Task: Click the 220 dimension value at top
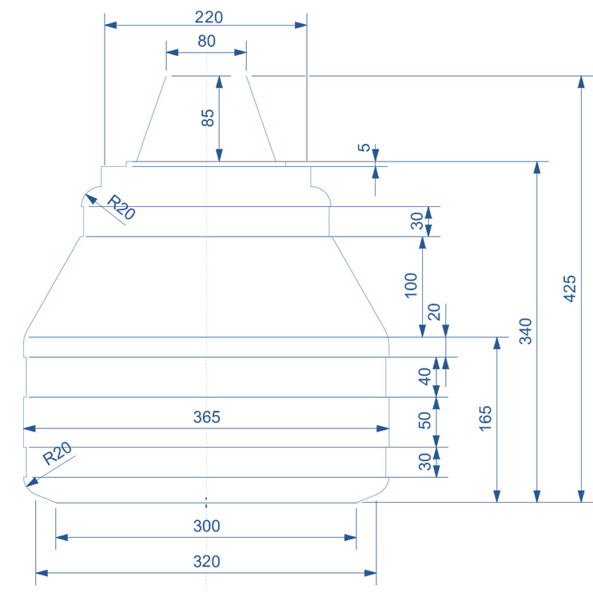click(x=206, y=16)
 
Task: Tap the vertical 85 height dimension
click(x=208, y=118)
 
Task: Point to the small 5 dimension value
click(x=364, y=148)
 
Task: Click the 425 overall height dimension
click(x=570, y=289)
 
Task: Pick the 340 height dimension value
click(x=526, y=331)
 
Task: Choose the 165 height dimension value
click(x=487, y=419)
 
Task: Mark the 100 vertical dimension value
click(x=412, y=285)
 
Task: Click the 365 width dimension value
click(x=206, y=417)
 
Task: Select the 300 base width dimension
click(x=206, y=526)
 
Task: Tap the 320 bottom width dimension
click(x=206, y=562)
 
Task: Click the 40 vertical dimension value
click(x=425, y=376)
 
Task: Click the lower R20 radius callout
click(x=57, y=455)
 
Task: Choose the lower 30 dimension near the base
click(x=425, y=461)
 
